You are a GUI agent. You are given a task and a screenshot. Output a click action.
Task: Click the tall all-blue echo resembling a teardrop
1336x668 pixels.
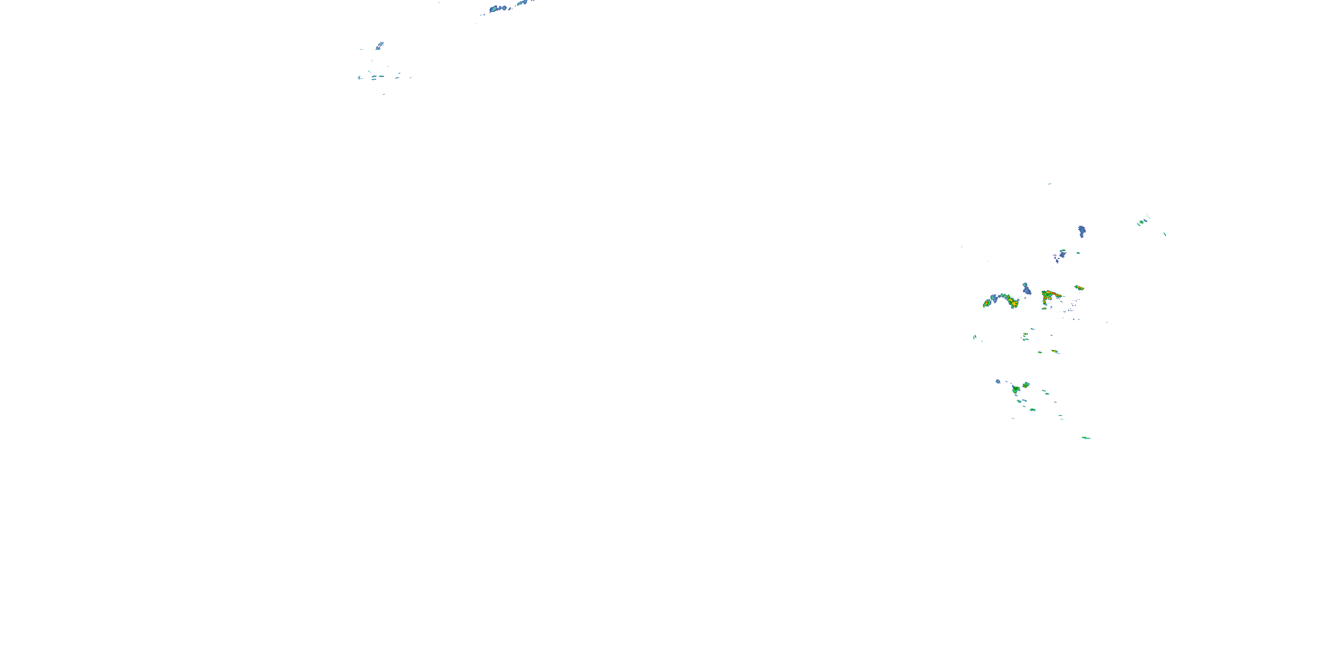point(1081,231)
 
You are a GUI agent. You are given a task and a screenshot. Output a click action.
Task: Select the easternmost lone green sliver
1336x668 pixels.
point(1165,234)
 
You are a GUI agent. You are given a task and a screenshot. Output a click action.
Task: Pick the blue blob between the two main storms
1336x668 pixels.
point(1026,289)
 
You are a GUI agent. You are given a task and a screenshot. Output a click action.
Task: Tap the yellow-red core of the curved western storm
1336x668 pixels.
point(1012,302)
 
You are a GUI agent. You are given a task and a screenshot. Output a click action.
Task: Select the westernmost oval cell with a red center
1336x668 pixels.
point(986,303)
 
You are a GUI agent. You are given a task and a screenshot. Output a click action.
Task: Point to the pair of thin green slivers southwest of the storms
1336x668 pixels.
point(975,338)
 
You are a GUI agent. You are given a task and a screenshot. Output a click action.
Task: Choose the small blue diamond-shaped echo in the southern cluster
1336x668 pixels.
point(998,382)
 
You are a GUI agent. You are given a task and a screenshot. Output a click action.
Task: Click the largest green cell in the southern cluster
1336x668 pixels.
point(1015,389)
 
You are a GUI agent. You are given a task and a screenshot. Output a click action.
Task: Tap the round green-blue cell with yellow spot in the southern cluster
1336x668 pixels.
point(1026,385)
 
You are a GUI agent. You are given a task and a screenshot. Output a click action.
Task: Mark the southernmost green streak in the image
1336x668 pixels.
point(1086,438)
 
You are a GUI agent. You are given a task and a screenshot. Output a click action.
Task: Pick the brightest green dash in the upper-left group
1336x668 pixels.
point(381,76)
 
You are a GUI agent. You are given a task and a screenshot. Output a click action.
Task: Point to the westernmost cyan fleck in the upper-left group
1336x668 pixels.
point(359,78)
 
